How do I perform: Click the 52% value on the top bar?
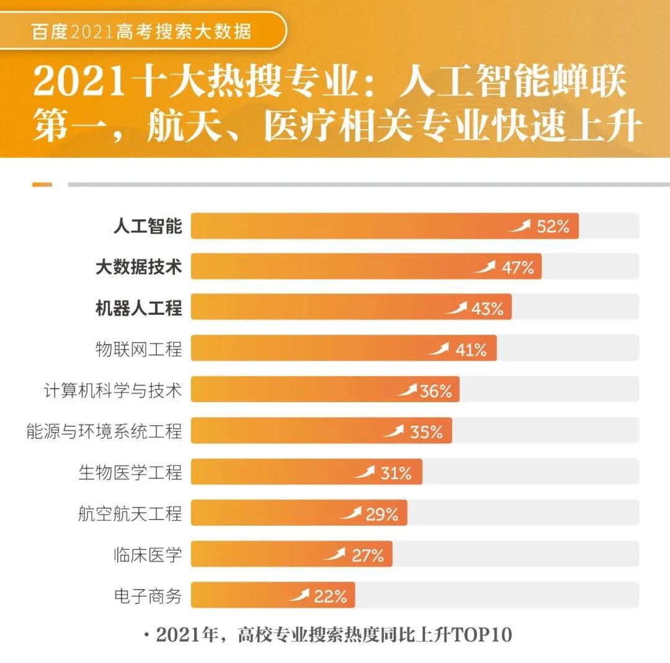pyautogui.click(x=553, y=227)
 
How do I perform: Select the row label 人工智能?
pyautogui.click(x=148, y=227)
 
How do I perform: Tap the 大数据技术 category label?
pyautogui.click(x=139, y=268)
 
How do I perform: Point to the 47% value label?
pyautogui.click(x=517, y=268)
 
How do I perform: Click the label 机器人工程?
pyautogui.click(x=139, y=309)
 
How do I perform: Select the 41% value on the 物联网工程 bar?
pyautogui.click(x=471, y=350)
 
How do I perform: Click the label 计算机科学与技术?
pyautogui.click(x=113, y=390)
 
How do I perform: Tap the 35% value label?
pyautogui.click(x=426, y=431)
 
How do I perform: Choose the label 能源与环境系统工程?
pyautogui.click(x=104, y=431)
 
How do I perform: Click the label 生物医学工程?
pyautogui.click(x=130, y=472)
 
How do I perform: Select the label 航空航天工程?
pyautogui.click(x=130, y=513)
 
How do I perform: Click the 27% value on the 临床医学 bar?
pyautogui.click(x=368, y=555)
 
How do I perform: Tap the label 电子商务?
pyautogui.click(x=148, y=596)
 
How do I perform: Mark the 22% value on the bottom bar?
pyautogui.click(x=330, y=597)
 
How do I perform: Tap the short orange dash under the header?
pyautogui.click(x=42, y=184)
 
